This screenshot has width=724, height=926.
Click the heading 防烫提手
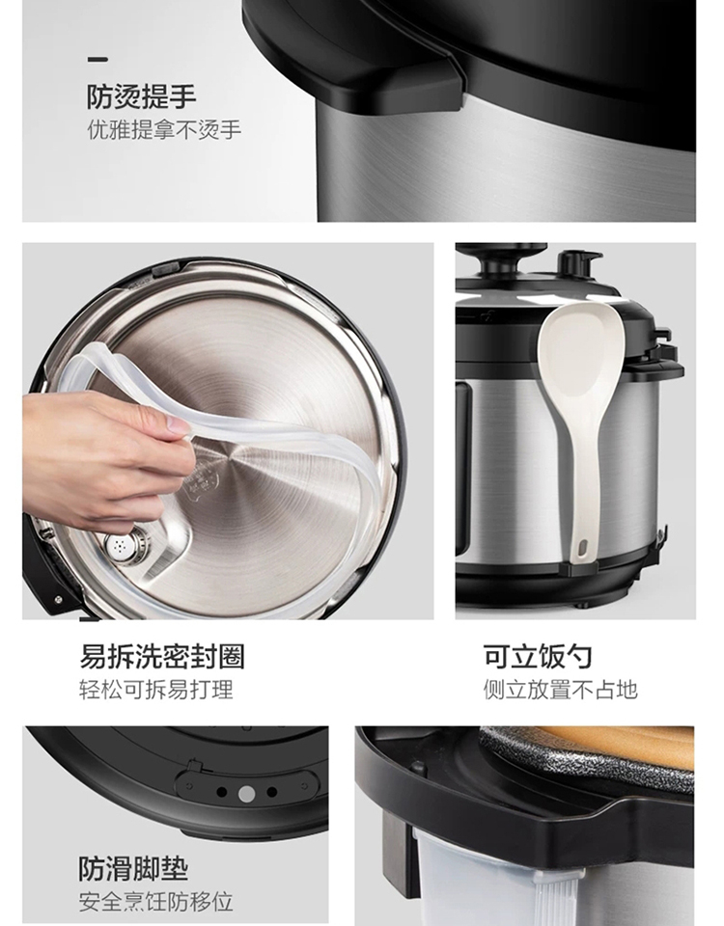pos(142,96)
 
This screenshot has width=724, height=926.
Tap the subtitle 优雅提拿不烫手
pos(164,130)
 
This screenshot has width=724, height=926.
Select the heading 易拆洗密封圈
pos(162,657)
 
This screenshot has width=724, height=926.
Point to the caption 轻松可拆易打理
pos(156,689)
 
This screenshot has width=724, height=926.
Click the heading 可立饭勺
pos(538,657)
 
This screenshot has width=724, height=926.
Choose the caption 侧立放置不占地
pos(560,689)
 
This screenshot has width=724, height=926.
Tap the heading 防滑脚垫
pos(133,869)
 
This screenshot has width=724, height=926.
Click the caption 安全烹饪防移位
pos(156,902)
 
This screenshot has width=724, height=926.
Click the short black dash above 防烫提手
pos(97,59)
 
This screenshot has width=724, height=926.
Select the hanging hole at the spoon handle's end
pos(581,548)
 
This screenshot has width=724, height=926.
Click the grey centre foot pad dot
pos(246,794)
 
